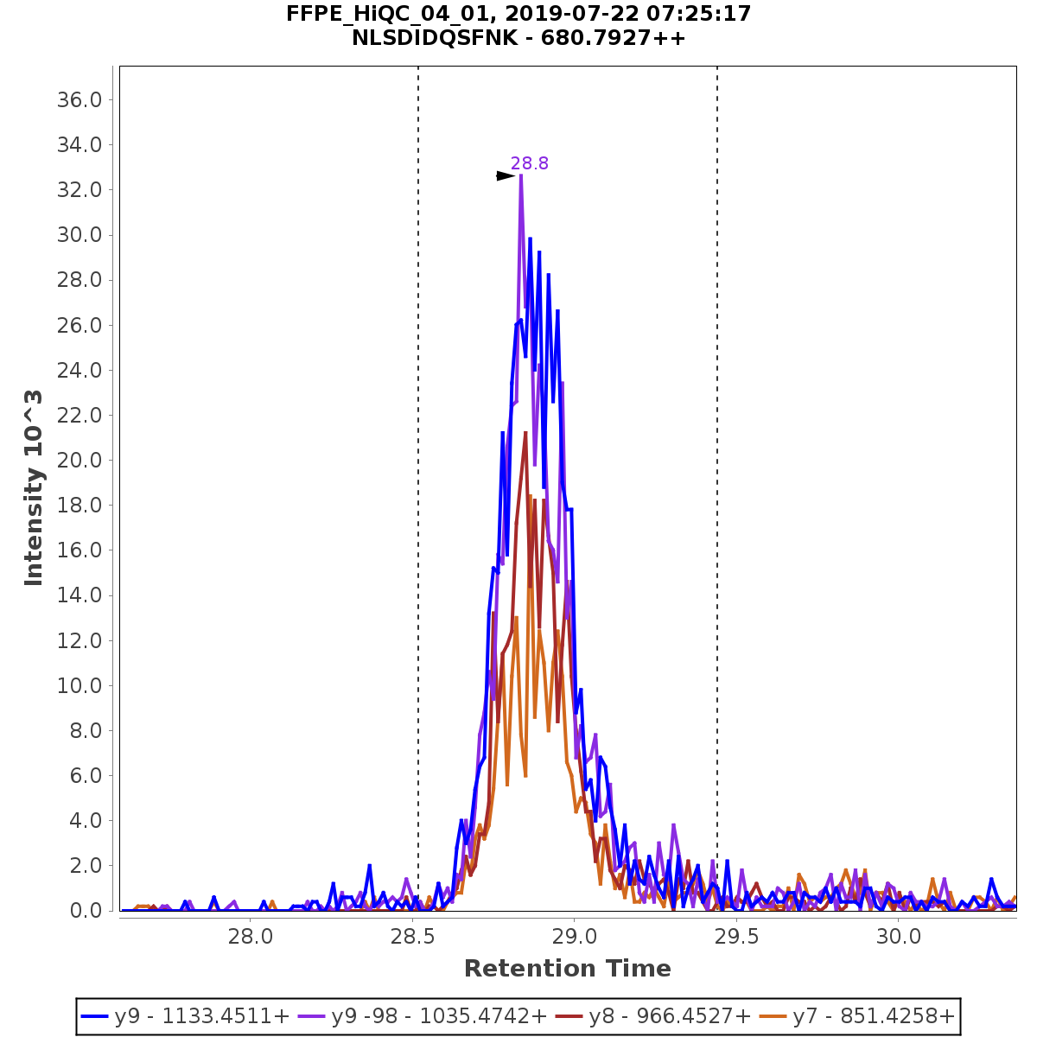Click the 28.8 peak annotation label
529,163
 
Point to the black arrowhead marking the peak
506,176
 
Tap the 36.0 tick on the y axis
80,100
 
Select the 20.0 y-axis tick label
80,461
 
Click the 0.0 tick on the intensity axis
86,911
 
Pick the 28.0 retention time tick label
251,937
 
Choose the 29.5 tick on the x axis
736,937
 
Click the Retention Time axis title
567,969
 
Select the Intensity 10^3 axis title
34,488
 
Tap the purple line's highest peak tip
521,175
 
